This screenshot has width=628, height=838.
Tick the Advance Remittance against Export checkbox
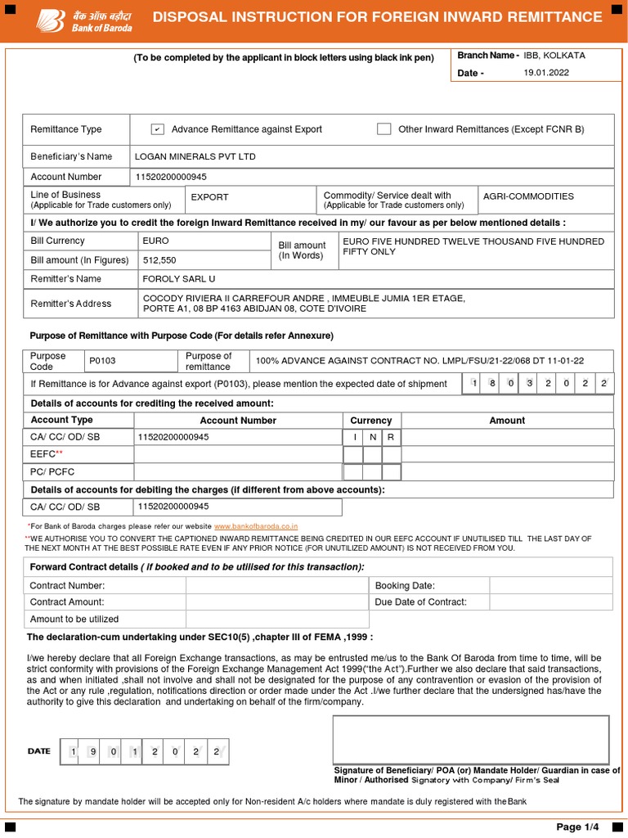pyautogui.click(x=158, y=129)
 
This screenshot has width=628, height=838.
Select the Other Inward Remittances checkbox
pyautogui.click(x=384, y=128)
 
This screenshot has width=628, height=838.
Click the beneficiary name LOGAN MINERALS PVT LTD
pyautogui.click(x=195, y=156)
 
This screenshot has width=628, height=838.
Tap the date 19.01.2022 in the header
pyautogui.click(x=546, y=73)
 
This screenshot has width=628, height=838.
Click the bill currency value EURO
pyautogui.click(x=155, y=241)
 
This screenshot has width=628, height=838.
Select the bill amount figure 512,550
pyautogui.click(x=159, y=260)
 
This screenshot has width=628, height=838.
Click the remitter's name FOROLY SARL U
pyautogui.click(x=179, y=279)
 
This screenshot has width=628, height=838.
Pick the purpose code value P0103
pyautogui.click(x=102, y=361)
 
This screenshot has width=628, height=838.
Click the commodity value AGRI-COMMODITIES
pyautogui.click(x=528, y=196)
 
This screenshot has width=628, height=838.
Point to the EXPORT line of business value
pyautogui.click(x=209, y=197)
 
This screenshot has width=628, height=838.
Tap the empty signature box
pyautogui.click(x=470, y=739)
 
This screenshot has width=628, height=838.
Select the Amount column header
pyautogui.click(x=507, y=420)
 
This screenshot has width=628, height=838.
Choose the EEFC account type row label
pyautogui.click(x=46, y=453)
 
